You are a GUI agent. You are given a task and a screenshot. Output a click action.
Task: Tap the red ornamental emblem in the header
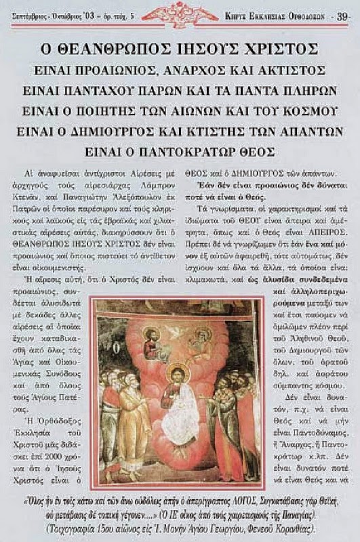point(180,12)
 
